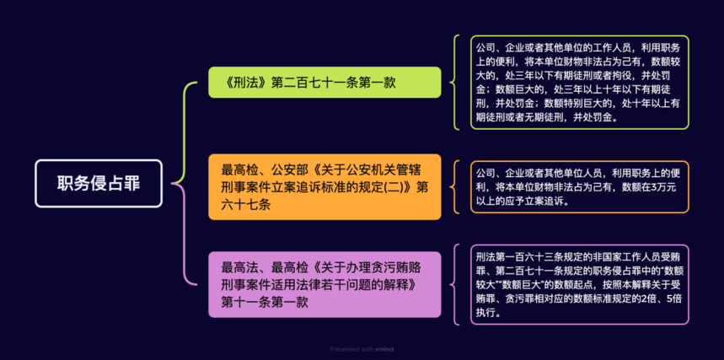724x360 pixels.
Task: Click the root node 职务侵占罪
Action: (99, 183)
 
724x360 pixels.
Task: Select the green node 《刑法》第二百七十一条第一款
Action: (324, 83)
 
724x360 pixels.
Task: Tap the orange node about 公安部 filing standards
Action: (324, 186)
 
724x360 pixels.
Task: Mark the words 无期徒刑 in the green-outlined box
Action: (546, 118)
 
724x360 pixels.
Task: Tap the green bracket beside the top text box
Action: (456, 82)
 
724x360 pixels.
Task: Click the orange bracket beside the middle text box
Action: (456, 186)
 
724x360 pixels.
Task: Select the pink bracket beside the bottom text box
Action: (456, 283)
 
